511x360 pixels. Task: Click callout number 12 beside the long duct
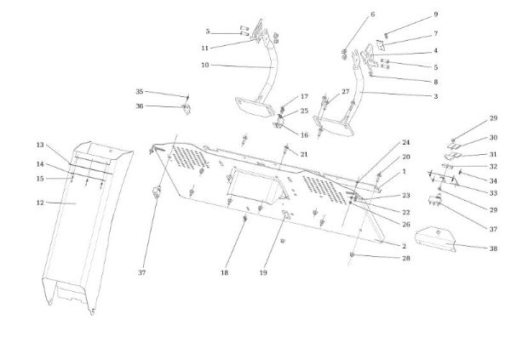[x=40, y=203]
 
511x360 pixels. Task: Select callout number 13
[x=40, y=145]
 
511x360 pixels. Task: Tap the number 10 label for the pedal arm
[x=205, y=65]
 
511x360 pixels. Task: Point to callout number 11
[x=205, y=48]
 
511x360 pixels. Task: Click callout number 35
[x=140, y=92]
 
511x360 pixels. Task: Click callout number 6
[x=372, y=15]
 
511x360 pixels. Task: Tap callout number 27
[x=346, y=92]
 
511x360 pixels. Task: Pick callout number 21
[x=304, y=154]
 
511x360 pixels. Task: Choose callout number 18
[x=225, y=272]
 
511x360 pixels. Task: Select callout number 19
[x=264, y=272]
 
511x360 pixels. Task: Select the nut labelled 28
[x=353, y=255]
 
